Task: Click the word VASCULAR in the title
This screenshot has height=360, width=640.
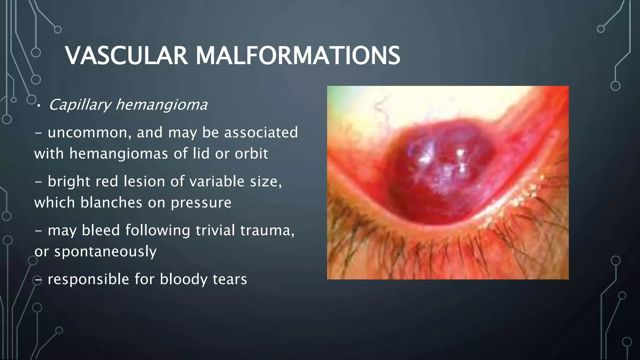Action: pos(126,56)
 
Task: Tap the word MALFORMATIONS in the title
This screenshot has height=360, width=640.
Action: pos(297,56)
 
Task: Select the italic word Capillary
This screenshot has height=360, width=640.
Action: pos(80,104)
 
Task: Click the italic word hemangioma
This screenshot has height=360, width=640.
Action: pos(161,104)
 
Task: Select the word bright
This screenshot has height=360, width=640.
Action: pos(69,182)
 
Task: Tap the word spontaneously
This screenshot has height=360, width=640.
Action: pos(105,252)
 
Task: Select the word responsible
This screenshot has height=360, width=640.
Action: pos(88,279)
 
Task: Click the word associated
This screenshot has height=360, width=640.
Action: pos(261,132)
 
